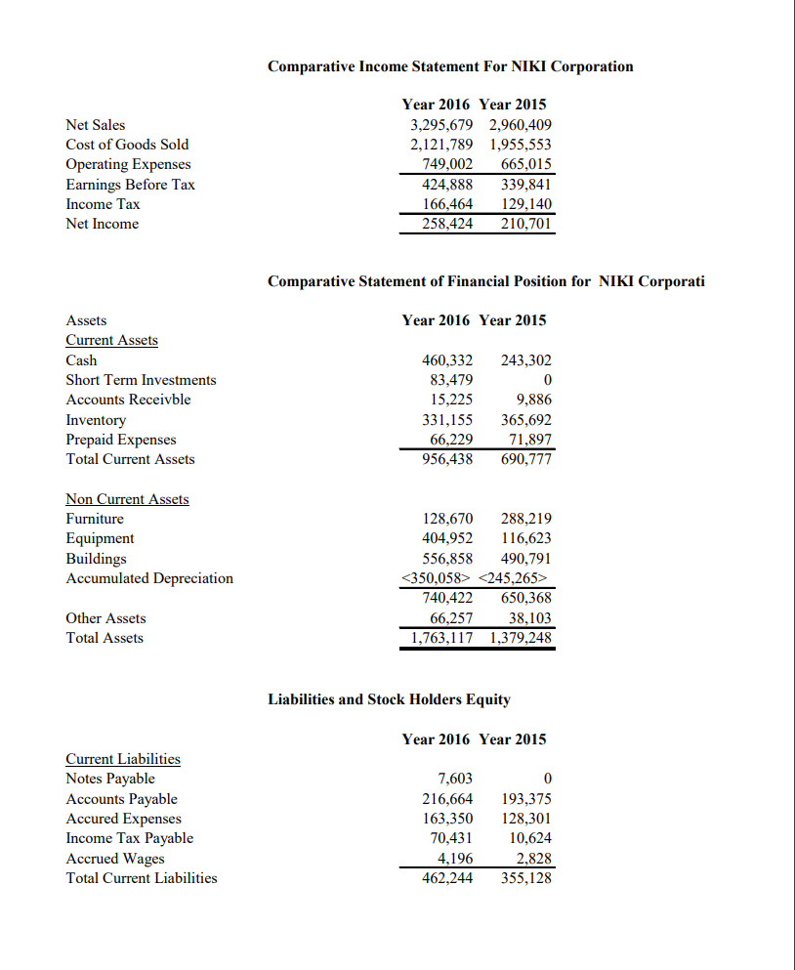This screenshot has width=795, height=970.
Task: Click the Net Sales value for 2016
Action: pyautogui.click(x=441, y=125)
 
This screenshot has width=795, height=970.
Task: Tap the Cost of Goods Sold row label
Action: pyautogui.click(x=127, y=145)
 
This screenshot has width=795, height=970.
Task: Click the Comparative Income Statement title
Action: pyautogui.click(x=450, y=66)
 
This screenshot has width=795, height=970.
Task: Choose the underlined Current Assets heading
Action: pyautogui.click(x=111, y=340)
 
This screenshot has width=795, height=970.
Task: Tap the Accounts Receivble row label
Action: pyautogui.click(x=128, y=400)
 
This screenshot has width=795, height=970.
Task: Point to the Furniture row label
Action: pyautogui.click(x=95, y=519)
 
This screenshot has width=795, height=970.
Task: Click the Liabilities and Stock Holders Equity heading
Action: pyautogui.click(x=389, y=699)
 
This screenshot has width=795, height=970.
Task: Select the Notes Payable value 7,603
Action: pyautogui.click(x=454, y=779)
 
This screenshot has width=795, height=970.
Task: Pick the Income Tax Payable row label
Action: pyautogui.click(x=129, y=838)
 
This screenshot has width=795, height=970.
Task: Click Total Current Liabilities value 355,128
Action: pyautogui.click(x=526, y=877)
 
